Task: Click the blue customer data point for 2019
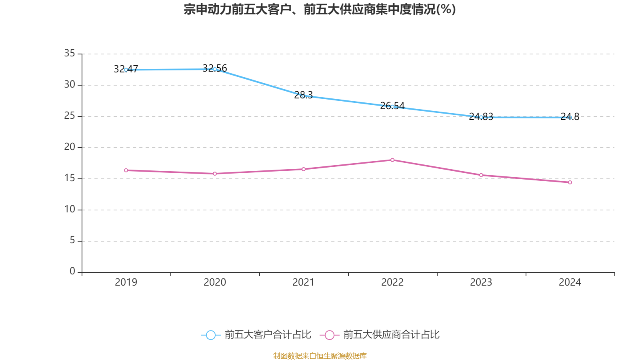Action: tap(126, 70)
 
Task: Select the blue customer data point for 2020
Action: tap(215, 69)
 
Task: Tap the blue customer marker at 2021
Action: tap(304, 96)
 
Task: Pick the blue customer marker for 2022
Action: tap(392, 106)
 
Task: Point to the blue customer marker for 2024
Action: tap(570, 118)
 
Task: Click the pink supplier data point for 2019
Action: tap(126, 170)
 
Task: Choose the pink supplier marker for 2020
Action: tap(215, 174)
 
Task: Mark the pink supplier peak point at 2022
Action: tap(392, 160)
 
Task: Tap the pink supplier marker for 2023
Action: tap(481, 175)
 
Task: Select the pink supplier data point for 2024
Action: tap(570, 182)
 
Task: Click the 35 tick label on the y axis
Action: tap(70, 53)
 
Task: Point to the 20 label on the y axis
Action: tap(70, 147)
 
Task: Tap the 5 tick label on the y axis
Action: tap(72, 240)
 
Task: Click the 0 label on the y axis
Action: tap(72, 271)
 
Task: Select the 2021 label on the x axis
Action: tap(304, 282)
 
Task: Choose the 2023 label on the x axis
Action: tap(481, 282)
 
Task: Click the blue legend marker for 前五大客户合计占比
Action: tap(210, 335)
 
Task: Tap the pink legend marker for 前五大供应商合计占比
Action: tap(329, 335)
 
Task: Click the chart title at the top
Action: tap(320, 9)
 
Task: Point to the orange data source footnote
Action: tap(320, 356)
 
